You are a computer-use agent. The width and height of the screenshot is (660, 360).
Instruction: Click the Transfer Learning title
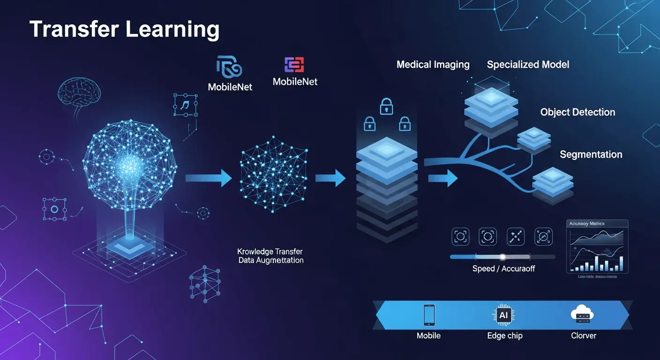click(124, 30)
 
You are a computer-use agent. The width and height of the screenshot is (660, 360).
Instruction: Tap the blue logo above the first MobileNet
click(229, 67)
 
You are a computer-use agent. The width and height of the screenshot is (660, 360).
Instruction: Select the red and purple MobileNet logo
click(294, 65)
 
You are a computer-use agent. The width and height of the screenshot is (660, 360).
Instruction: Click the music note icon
click(185, 105)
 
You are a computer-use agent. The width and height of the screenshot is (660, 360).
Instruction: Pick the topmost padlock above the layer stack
click(386, 106)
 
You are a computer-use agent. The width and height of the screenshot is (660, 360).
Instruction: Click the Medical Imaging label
click(433, 65)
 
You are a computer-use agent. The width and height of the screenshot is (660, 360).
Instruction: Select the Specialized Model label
click(528, 65)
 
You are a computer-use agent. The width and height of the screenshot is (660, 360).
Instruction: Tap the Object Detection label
click(577, 112)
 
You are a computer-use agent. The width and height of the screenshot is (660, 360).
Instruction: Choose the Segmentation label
click(591, 155)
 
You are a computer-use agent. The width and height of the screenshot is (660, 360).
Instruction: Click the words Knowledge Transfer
click(270, 252)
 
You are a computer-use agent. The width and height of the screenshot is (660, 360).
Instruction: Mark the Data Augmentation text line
click(270, 260)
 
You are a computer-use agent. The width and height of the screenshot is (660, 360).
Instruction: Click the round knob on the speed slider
click(502, 257)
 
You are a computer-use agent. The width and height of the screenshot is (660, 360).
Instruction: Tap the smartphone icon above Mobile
click(428, 315)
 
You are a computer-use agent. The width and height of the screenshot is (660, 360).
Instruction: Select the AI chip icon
click(504, 315)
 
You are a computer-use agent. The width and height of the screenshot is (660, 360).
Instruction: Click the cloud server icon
click(583, 315)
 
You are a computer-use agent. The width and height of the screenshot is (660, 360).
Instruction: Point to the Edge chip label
click(504, 336)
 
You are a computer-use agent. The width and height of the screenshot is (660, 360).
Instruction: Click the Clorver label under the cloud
click(583, 336)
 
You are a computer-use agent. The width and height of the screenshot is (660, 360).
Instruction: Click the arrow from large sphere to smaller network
click(208, 178)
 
